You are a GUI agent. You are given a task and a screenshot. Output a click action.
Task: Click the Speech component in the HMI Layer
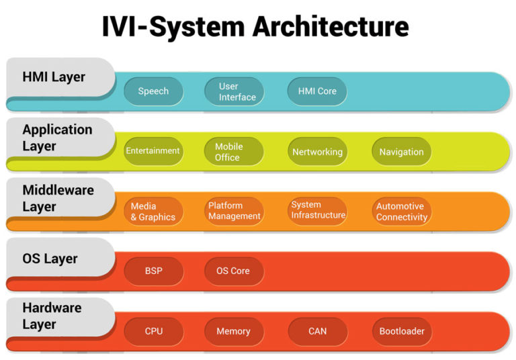pyautogui.click(x=153, y=91)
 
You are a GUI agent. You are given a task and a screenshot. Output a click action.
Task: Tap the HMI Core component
pyautogui.click(x=317, y=91)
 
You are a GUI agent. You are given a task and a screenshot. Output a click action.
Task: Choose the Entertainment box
pyautogui.click(x=153, y=151)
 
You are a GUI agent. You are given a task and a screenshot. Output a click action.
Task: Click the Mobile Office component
pyautogui.click(x=234, y=151)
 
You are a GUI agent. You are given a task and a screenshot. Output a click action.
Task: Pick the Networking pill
pyautogui.click(x=317, y=151)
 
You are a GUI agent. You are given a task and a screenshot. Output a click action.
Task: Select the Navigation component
pyautogui.click(x=401, y=151)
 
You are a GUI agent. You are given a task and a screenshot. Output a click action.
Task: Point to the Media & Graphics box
pyautogui.click(x=153, y=212)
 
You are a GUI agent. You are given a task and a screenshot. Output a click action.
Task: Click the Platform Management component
pyautogui.click(x=234, y=211)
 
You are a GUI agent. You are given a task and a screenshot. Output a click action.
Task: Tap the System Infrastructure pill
pyautogui.click(x=318, y=210)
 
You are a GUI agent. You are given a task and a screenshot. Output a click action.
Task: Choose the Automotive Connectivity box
pyautogui.click(x=401, y=212)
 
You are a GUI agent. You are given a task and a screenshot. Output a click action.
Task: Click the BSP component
pyautogui.click(x=153, y=271)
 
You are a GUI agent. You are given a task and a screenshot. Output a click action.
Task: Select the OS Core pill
pyautogui.click(x=234, y=271)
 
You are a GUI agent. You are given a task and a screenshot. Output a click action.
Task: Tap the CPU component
pyautogui.click(x=153, y=331)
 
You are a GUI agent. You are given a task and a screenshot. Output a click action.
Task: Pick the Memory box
pyautogui.click(x=234, y=331)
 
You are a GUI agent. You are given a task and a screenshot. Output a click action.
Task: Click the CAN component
pyautogui.click(x=317, y=331)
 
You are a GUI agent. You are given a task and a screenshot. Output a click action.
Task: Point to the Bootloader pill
pyautogui.click(x=401, y=331)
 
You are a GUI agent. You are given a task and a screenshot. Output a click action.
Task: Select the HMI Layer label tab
pyautogui.click(x=54, y=77)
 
